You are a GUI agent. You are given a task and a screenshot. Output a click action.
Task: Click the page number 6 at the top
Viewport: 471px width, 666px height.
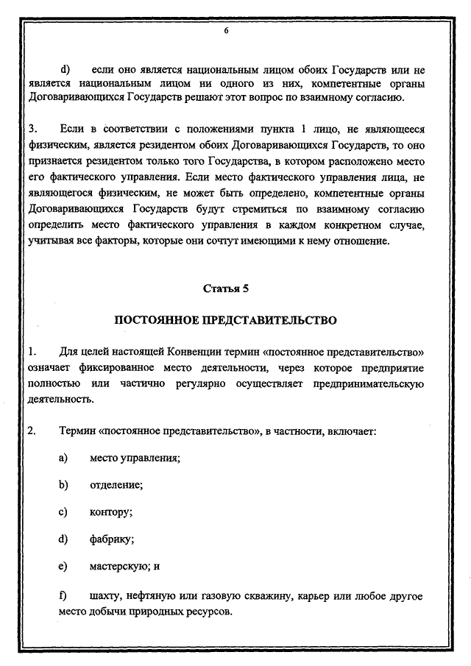[226, 32]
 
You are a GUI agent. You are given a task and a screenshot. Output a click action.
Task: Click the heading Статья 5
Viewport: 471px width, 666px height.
[226, 288]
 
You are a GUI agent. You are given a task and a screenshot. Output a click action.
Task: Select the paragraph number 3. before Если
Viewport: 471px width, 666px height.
[32, 130]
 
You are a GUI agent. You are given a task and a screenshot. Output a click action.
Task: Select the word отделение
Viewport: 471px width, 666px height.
[116, 485]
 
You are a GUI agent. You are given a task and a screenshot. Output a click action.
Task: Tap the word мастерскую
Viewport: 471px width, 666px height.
[121, 567]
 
